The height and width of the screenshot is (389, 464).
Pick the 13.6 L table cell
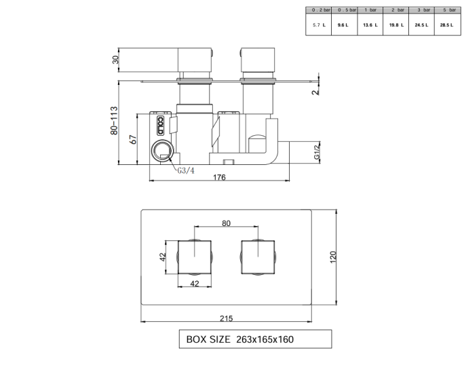pos(369,24)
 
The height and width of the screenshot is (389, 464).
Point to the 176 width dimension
pos(218,177)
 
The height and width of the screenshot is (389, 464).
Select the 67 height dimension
pos(134,138)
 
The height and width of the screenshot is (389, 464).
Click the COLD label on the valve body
pos(160,126)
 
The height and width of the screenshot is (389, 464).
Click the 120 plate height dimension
pos(333,257)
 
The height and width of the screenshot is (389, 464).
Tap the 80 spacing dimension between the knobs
pos(226,222)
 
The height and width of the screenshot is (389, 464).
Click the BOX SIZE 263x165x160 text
pos(240,339)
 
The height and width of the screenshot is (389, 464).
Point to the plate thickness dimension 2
pos(315,91)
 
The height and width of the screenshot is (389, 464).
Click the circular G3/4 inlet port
pos(163,151)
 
